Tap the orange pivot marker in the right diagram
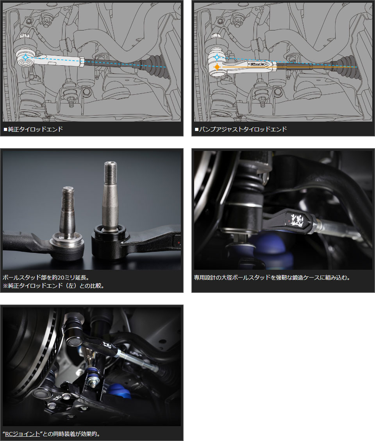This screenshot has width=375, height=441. [217, 67]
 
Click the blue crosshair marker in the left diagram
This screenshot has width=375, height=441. [25, 57]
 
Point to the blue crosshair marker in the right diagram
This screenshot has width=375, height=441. [217, 57]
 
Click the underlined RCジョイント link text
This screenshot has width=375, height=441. [23, 434]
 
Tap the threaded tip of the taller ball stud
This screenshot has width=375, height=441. [111, 172]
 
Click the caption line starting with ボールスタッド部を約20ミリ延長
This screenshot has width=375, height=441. [46, 278]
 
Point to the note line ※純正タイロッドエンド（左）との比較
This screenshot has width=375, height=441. [54, 286]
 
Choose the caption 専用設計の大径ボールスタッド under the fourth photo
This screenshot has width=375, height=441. [272, 278]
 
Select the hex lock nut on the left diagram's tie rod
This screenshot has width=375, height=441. [82, 62]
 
